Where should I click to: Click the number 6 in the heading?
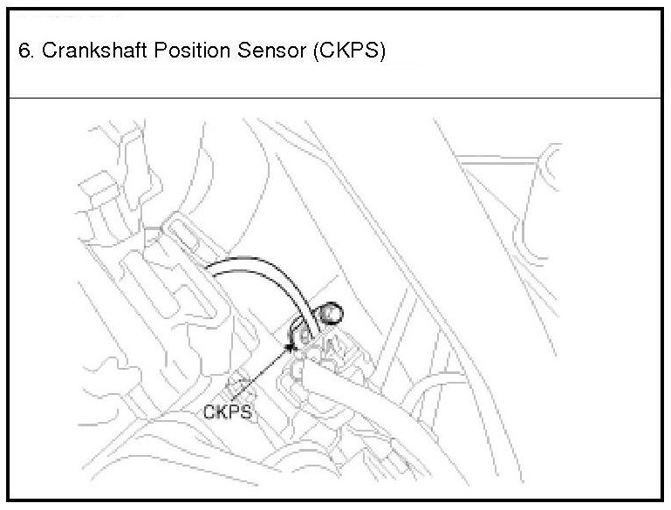pos(23,51)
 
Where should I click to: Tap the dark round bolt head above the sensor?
pos(330,308)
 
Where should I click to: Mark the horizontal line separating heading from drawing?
pos(335,98)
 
